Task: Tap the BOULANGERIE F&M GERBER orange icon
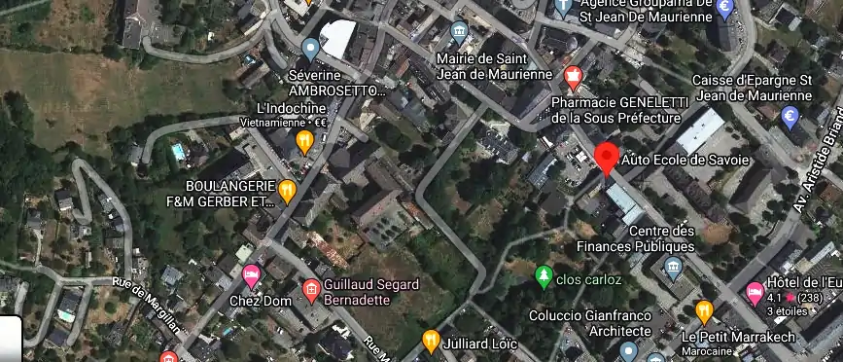click(x=287, y=192)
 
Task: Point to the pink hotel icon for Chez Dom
click(x=251, y=276)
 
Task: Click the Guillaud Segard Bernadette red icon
click(x=311, y=289)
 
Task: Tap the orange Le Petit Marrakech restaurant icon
click(x=705, y=312)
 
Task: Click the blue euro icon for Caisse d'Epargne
click(x=790, y=118)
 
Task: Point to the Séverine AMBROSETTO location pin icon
click(x=310, y=48)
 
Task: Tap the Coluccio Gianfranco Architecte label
click(x=593, y=324)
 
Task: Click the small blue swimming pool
click(x=177, y=152)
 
